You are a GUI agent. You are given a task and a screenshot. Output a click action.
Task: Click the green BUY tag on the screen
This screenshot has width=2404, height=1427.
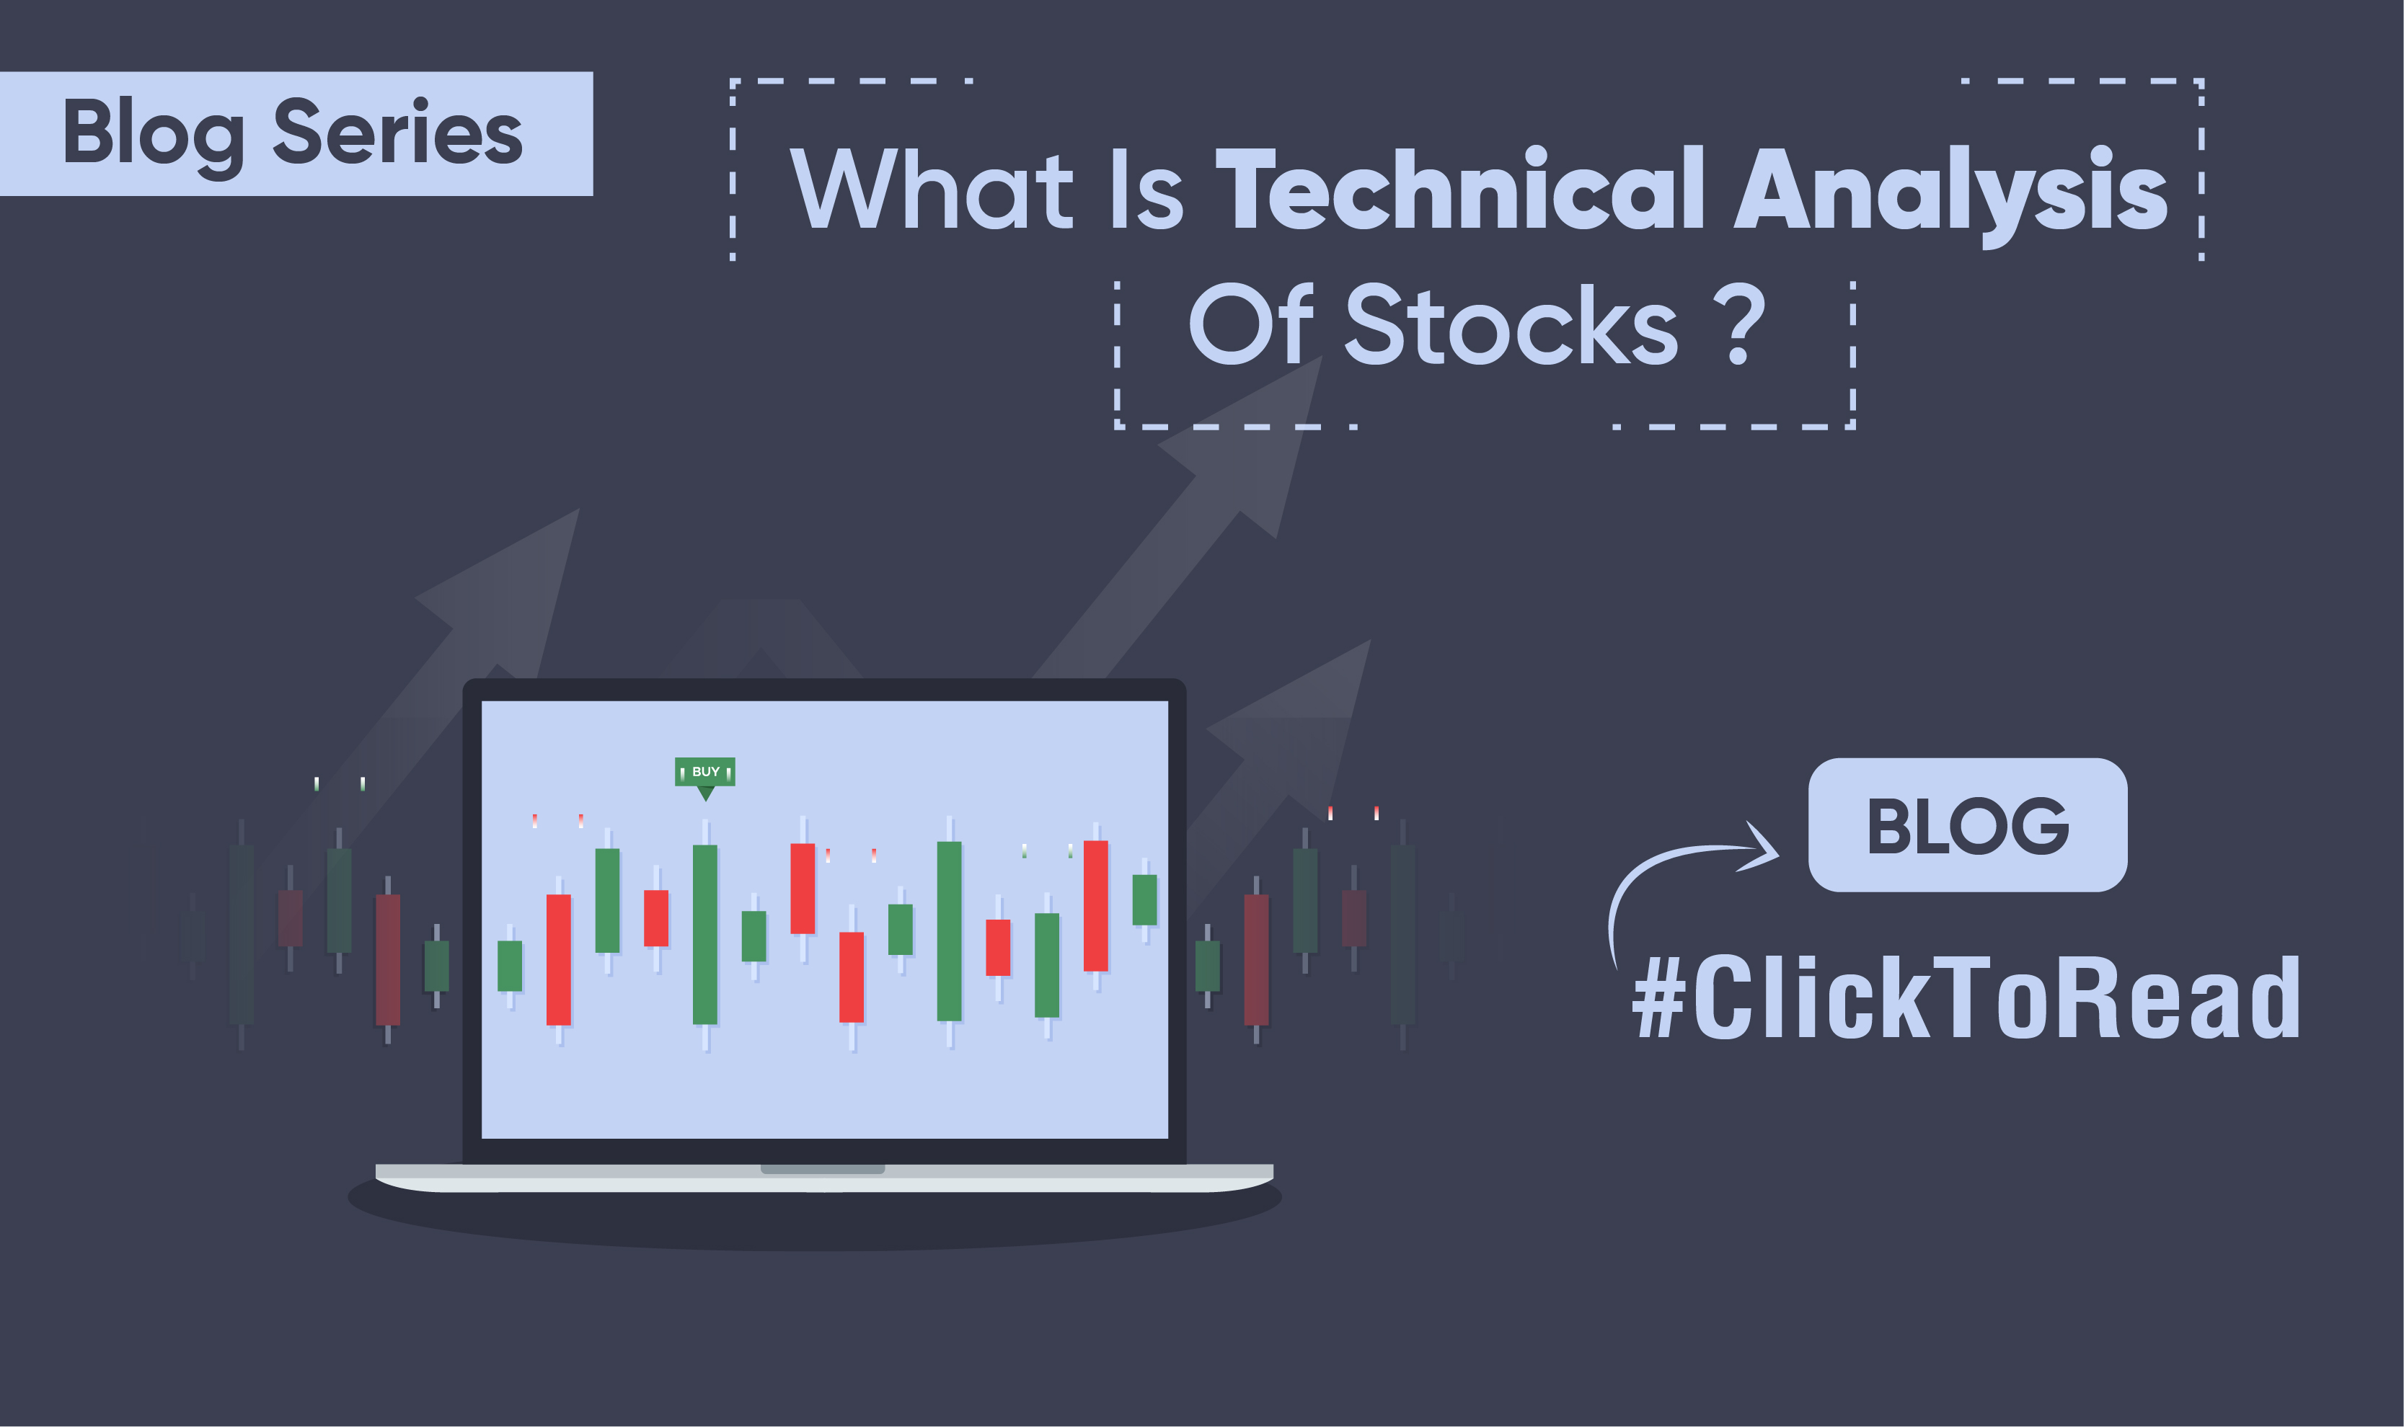704,771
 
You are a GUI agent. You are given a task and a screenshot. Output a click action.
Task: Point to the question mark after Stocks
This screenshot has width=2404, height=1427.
1739,324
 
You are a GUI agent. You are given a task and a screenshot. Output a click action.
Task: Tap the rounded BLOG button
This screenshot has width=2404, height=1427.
1966,825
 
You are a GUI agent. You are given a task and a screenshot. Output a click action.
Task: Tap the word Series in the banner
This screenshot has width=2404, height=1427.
397,132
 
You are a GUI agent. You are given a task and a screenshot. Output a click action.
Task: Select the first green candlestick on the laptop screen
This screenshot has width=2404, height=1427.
510,966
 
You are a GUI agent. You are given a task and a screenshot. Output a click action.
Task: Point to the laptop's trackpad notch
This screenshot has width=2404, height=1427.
823,1169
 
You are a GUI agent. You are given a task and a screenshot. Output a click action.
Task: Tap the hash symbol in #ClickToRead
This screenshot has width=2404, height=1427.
1658,998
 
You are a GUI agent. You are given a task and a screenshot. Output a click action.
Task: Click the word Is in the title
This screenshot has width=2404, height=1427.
1146,189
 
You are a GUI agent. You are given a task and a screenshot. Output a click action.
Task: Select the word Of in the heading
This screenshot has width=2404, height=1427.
1250,324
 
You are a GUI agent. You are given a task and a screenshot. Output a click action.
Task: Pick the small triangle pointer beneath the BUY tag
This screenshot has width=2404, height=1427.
705,793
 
